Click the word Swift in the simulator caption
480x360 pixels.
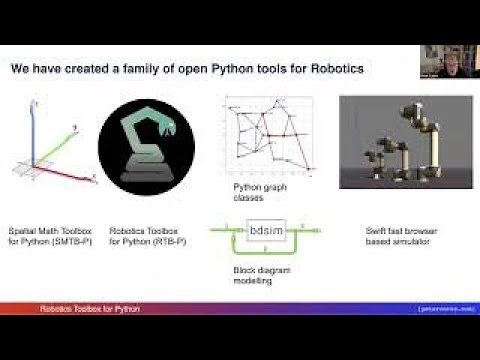[376, 231]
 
